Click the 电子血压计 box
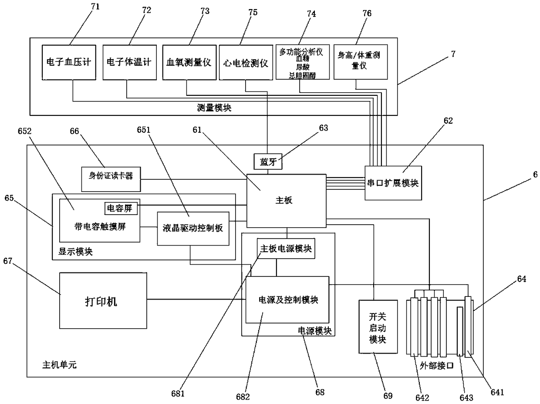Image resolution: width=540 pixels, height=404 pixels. pos(69,62)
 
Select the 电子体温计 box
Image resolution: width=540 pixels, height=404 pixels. pos(130,62)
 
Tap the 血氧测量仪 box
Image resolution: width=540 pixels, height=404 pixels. pos(189,62)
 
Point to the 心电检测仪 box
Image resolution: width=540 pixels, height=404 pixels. pos(246,62)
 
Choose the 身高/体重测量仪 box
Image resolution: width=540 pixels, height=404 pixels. pos(361,62)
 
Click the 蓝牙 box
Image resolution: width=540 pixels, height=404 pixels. pos(268,162)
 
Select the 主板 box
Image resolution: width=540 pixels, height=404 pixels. pos(287,201)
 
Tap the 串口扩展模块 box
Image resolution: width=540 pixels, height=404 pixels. pos(393,183)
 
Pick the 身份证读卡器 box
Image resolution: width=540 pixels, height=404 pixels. pos(111,179)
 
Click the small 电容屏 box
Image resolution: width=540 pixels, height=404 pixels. pos(121,209)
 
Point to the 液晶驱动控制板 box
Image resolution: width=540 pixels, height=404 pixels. pos(193,229)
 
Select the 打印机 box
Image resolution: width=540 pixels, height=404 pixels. pos(103,300)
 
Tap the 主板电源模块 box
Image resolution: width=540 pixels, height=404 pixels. pos(286,249)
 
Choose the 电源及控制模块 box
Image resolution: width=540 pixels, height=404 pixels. pos(287,300)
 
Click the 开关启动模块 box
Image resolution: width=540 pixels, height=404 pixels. pos(378,327)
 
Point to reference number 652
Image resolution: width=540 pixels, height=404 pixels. pos(24,131)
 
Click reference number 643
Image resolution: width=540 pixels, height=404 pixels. pos(466,397)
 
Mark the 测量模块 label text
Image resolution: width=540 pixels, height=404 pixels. pos(214,108)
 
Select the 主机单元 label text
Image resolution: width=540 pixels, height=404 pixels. pos(59,365)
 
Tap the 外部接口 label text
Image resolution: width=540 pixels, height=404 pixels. pos(436,366)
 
